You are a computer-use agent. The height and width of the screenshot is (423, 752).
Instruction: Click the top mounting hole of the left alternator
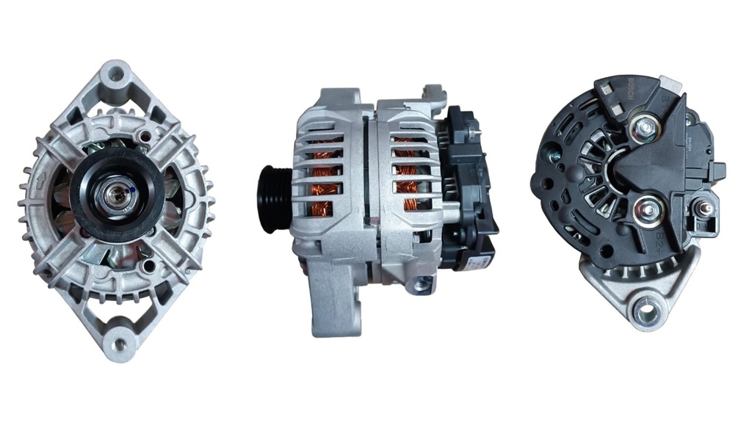[116, 75]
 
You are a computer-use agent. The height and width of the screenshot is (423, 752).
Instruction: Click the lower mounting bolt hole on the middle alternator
[420, 286]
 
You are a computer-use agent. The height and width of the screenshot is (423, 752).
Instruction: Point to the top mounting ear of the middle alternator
[435, 95]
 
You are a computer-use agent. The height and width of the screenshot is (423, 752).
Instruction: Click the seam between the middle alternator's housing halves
[365, 184]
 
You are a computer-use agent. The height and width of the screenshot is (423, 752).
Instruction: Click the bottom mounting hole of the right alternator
[646, 311]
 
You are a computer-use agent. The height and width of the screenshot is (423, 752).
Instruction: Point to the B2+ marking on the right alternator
[662, 239]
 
